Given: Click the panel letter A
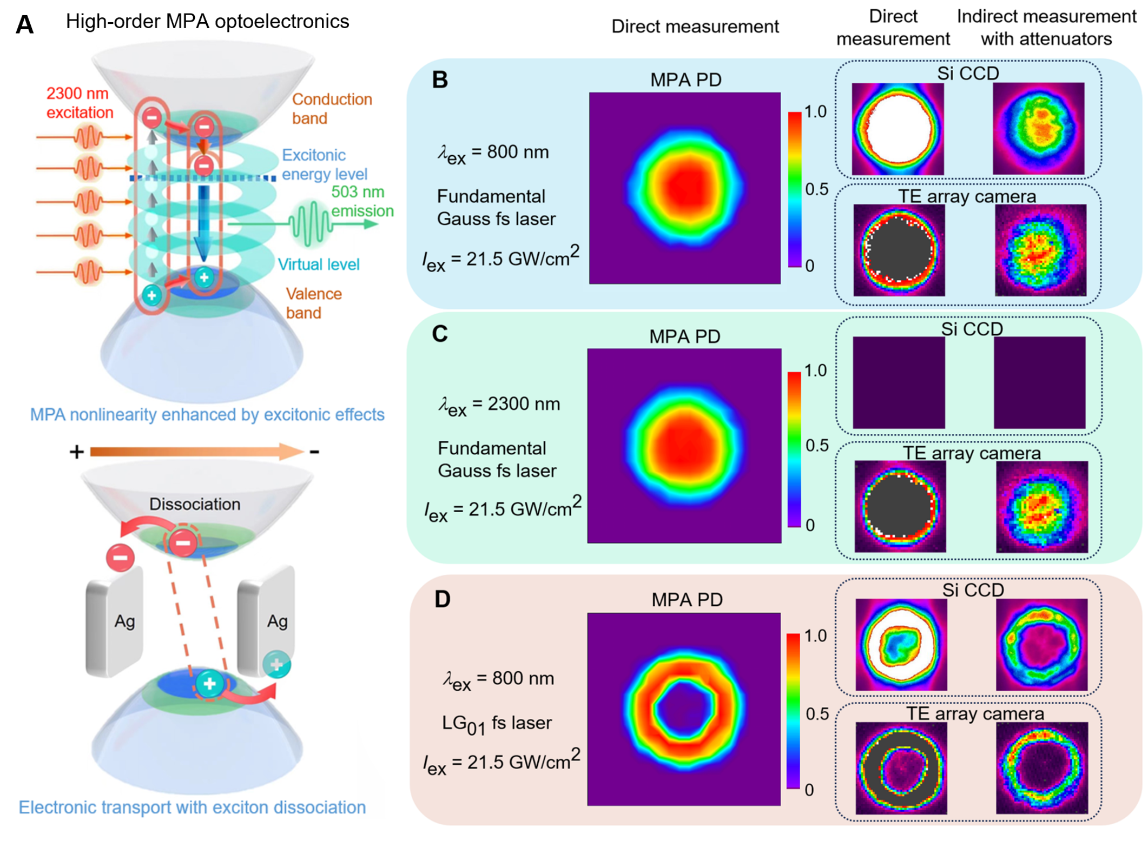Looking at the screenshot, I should click(x=25, y=25).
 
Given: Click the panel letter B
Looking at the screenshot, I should click(x=439, y=80).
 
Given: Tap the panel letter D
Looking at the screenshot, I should click(x=442, y=599).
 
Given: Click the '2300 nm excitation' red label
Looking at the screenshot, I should click(x=80, y=103).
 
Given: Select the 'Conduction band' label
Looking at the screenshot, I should click(x=332, y=108).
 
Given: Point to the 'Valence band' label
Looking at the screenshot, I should click(x=313, y=303).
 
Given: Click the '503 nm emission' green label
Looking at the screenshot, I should click(x=361, y=201).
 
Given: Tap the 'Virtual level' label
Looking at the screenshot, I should click(x=318, y=264).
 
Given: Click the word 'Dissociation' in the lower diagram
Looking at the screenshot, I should click(x=195, y=504).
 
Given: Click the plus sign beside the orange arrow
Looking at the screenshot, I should click(x=76, y=452).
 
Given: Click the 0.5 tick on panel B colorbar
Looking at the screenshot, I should click(x=816, y=189).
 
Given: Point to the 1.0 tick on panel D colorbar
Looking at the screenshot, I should click(x=815, y=636).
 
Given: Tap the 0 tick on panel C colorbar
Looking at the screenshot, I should click(x=810, y=525).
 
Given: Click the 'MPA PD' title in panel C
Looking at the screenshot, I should click(x=684, y=336).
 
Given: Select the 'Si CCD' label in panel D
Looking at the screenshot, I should click(x=973, y=590).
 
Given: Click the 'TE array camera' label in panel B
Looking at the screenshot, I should click(x=967, y=196).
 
